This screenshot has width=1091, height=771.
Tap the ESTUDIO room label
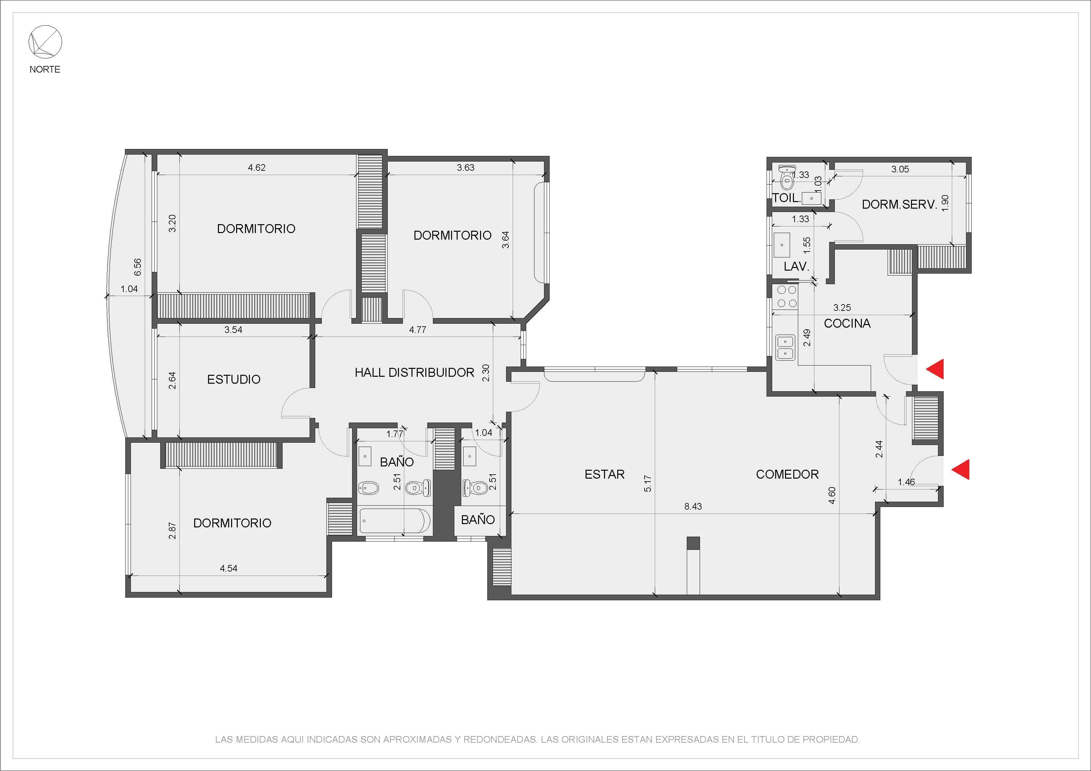[234, 379]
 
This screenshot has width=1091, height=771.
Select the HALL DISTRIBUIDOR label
[414, 372]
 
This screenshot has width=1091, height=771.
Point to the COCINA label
[847, 323]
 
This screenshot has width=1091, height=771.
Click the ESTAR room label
[604, 474]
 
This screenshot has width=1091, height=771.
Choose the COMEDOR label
[787, 474]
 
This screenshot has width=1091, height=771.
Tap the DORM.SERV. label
[899, 204]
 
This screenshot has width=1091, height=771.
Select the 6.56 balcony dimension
[137, 267]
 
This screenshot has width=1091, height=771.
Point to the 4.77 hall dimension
[418, 330]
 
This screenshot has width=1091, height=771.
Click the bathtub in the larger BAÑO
[395, 521]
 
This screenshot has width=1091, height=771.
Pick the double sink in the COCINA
[785, 347]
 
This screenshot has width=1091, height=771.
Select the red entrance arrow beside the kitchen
[935, 369]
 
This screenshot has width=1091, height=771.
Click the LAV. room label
[796, 266]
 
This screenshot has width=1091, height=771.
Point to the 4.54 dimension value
[228, 568]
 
